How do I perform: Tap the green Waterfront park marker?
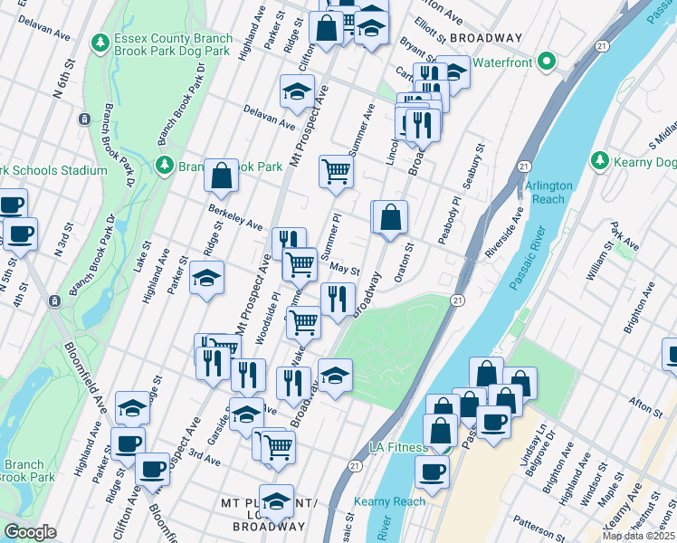pyautogui.click(x=545, y=62)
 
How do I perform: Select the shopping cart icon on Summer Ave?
pyautogui.click(x=335, y=170)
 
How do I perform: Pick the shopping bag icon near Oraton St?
pyautogui.click(x=390, y=217)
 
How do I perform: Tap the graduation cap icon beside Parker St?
pyautogui.click(x=207, y=278)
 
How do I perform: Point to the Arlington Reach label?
pyautogui.click(x=548, y=192)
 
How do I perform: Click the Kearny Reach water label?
pyautogui.click(x=396, y=501)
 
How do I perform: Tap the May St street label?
pyautogui.click(x=345, y=269)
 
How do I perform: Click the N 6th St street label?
pyautogui.click(x=62, y=80)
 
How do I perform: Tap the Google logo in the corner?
pyautogui.click(x=30, y=532)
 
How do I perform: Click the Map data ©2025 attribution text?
pyautogui.click(x=638, y=536)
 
